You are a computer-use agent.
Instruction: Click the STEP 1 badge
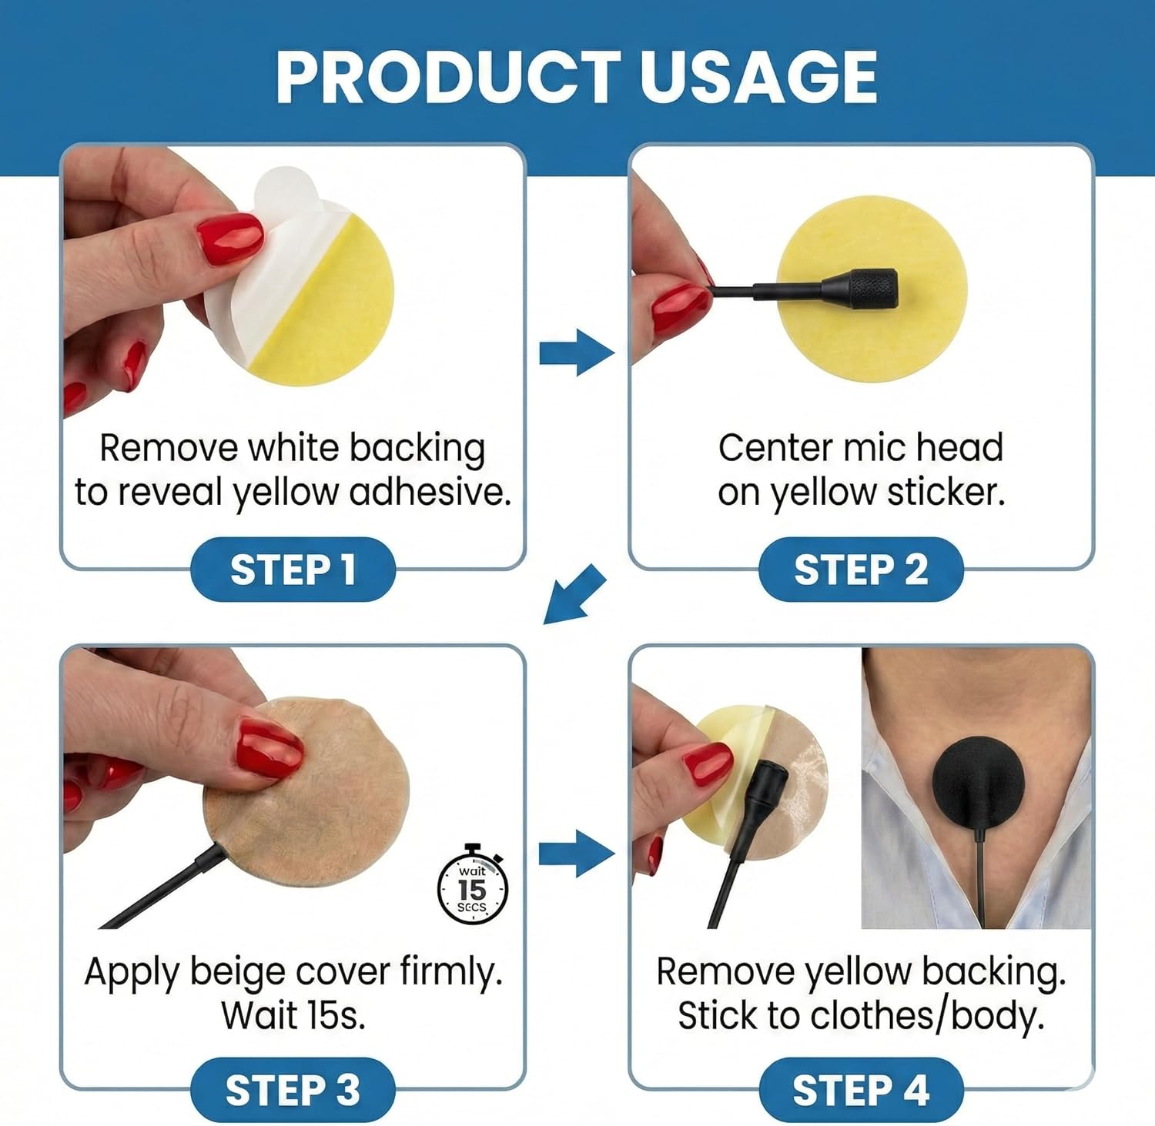(x=293, y=570)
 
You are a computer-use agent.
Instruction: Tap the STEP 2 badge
(x=861, y=570)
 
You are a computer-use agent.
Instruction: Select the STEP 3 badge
(x=293, y=1090)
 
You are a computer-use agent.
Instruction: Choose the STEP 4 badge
(x=861, y=1090)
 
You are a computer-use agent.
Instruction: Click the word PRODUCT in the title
(x=448, y=77)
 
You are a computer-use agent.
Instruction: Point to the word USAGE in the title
(x=759, y=77)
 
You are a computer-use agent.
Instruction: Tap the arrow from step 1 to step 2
(x=577, y=353)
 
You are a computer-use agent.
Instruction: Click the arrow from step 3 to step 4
(x=577, y=853)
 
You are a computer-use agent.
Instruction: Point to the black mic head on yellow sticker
(x=860, y=289)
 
